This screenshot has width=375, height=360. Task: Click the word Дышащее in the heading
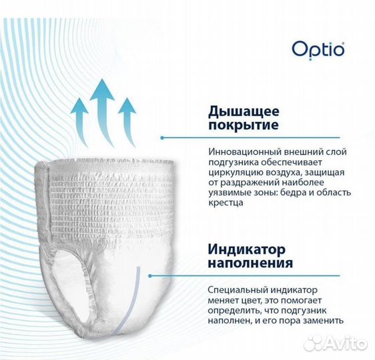(x=235, y=111)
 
